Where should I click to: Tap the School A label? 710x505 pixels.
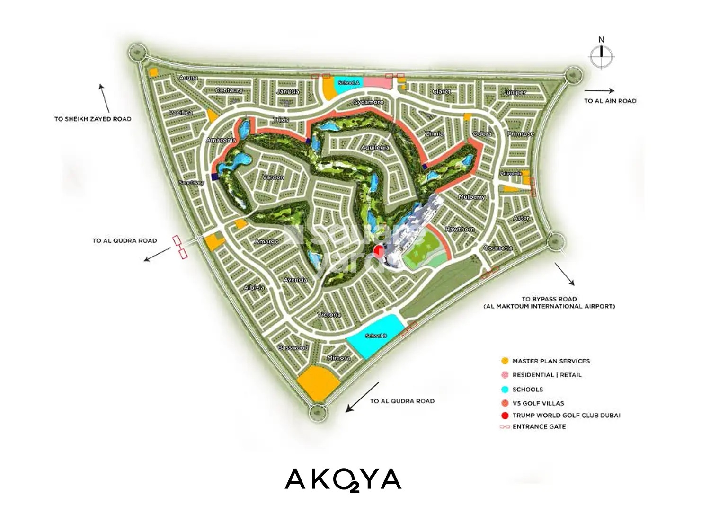pos(349,83)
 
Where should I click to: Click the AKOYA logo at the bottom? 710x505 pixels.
pos(343,480)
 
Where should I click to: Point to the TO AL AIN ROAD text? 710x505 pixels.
pos(610,101)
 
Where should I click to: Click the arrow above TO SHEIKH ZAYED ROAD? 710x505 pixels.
pos(104,98)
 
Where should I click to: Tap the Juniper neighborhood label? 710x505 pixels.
pos(515,92)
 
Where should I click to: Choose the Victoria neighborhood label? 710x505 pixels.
pos(329,315)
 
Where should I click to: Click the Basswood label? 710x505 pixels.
pos(293,347)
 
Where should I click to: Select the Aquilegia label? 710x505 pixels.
pos(375,148)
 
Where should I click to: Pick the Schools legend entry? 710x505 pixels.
pos(527,390)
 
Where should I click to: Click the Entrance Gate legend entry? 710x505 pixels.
pos(539,426)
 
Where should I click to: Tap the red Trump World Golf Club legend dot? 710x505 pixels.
pos(505,416)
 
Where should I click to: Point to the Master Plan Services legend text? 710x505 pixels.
pos(551,361)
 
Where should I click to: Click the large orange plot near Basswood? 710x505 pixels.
pos(318,383)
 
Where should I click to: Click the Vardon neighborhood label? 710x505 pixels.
pos(273,177)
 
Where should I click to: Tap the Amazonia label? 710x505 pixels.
pos(221,140)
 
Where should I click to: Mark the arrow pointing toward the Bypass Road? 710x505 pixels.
pos(564,275)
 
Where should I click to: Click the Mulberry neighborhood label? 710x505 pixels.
pos(471,196)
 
